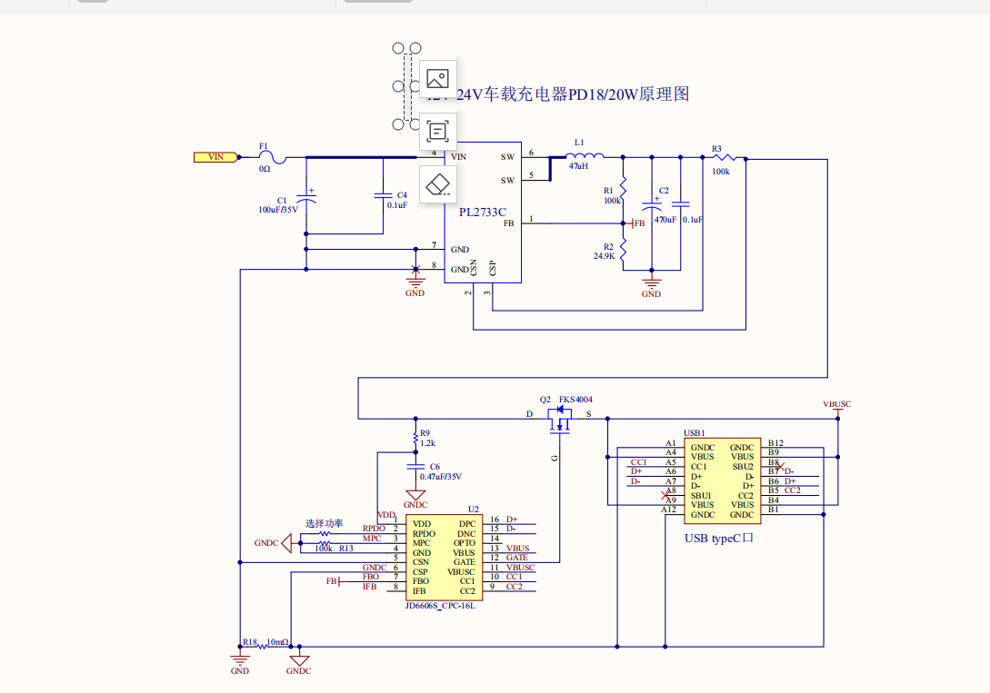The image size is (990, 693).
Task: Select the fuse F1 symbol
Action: (271, 158)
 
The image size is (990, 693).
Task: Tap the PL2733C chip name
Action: (482, 212)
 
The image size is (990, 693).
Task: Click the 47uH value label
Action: (578, 167)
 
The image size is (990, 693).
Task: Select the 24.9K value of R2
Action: (605, 256)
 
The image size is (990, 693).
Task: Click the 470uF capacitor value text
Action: (665, 220)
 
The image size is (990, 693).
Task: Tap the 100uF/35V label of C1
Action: (278, 210)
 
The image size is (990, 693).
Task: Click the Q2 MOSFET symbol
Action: (561, 418)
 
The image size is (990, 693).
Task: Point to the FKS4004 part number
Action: (575, 400)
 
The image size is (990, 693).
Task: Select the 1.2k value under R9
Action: (427, 443)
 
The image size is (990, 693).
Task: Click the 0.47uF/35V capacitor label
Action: (441, 477)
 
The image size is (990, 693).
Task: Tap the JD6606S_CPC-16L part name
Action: (440, 606)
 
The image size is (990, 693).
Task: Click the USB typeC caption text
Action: (719, 538)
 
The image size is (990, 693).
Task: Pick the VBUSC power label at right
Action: (836, 404)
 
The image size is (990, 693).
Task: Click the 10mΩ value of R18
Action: (277, 642)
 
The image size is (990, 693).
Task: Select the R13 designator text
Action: (345, 549)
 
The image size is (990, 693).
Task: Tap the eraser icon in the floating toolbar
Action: (438, 183)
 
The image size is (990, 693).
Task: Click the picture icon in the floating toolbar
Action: (438, 78)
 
